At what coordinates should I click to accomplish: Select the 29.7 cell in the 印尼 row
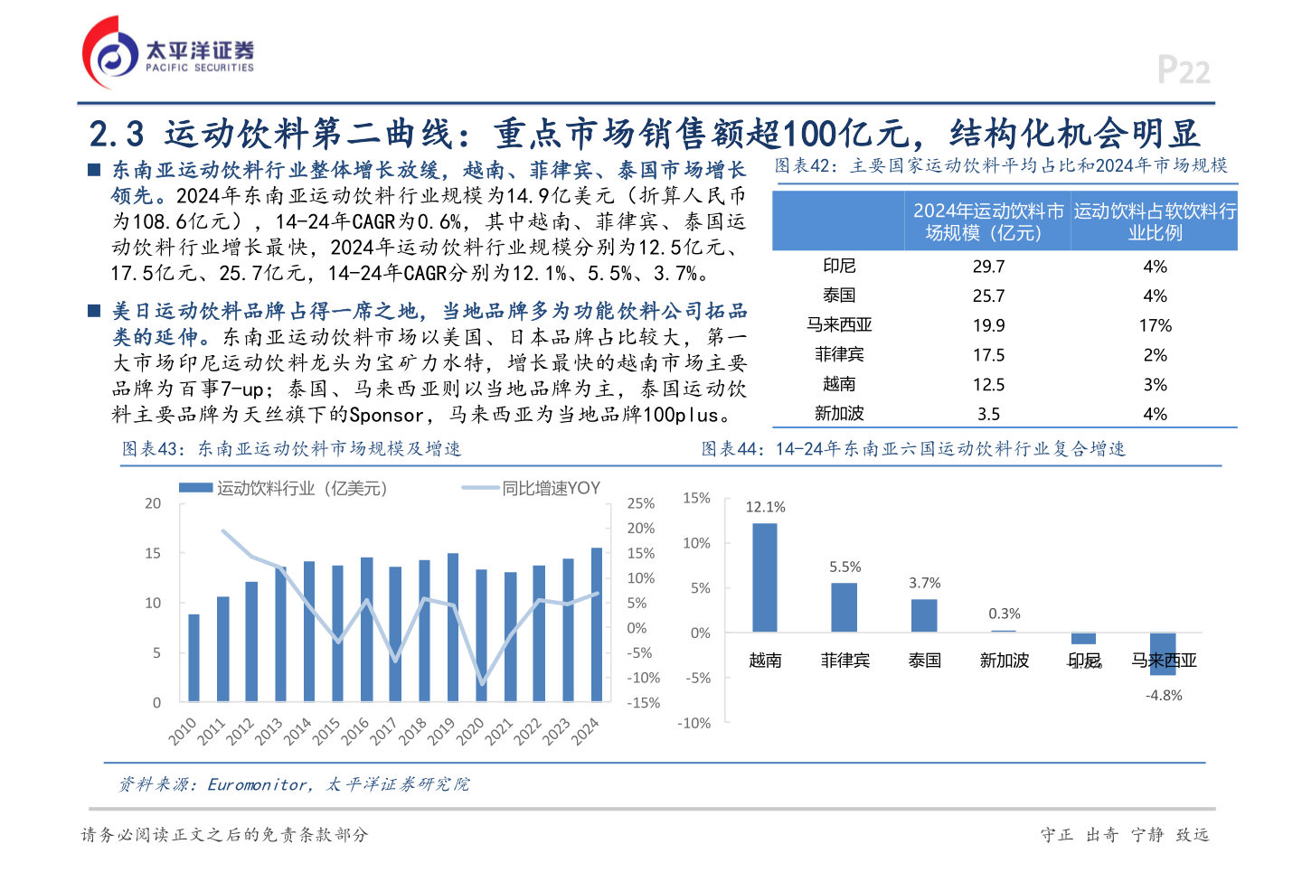(988, 267)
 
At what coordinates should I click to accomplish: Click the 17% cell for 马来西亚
(1155, 325)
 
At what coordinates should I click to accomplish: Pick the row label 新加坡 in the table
(839, 414)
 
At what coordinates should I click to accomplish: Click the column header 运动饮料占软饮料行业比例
(1155, 221)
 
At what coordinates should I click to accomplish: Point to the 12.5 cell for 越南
(988, 385)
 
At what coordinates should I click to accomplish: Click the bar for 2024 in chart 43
(597, 624)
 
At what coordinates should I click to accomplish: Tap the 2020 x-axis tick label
(470, 730)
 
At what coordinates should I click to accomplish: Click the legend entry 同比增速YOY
(551, 488)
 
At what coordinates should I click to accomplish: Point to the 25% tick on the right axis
(641, 503)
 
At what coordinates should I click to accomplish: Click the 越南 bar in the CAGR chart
(765, 577)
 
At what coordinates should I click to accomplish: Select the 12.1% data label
(765, 507)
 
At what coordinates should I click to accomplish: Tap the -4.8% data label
(1164, 695)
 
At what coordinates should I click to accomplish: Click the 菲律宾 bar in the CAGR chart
(844, 607)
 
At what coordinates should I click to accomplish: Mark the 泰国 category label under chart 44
(924, 661)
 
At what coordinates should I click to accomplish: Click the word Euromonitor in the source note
(257, 784)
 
